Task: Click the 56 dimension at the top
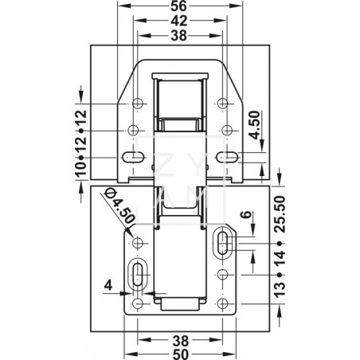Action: point(179,6)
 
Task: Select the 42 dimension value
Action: point(179,21)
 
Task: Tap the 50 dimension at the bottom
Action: point(180,354)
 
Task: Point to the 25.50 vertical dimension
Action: point(280,214)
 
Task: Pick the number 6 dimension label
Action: point(246,214)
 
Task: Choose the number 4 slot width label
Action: point(108,286)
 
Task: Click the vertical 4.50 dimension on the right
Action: point(255,125)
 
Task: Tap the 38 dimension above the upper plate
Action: point(179,35)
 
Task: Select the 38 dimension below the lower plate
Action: point(180,340)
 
